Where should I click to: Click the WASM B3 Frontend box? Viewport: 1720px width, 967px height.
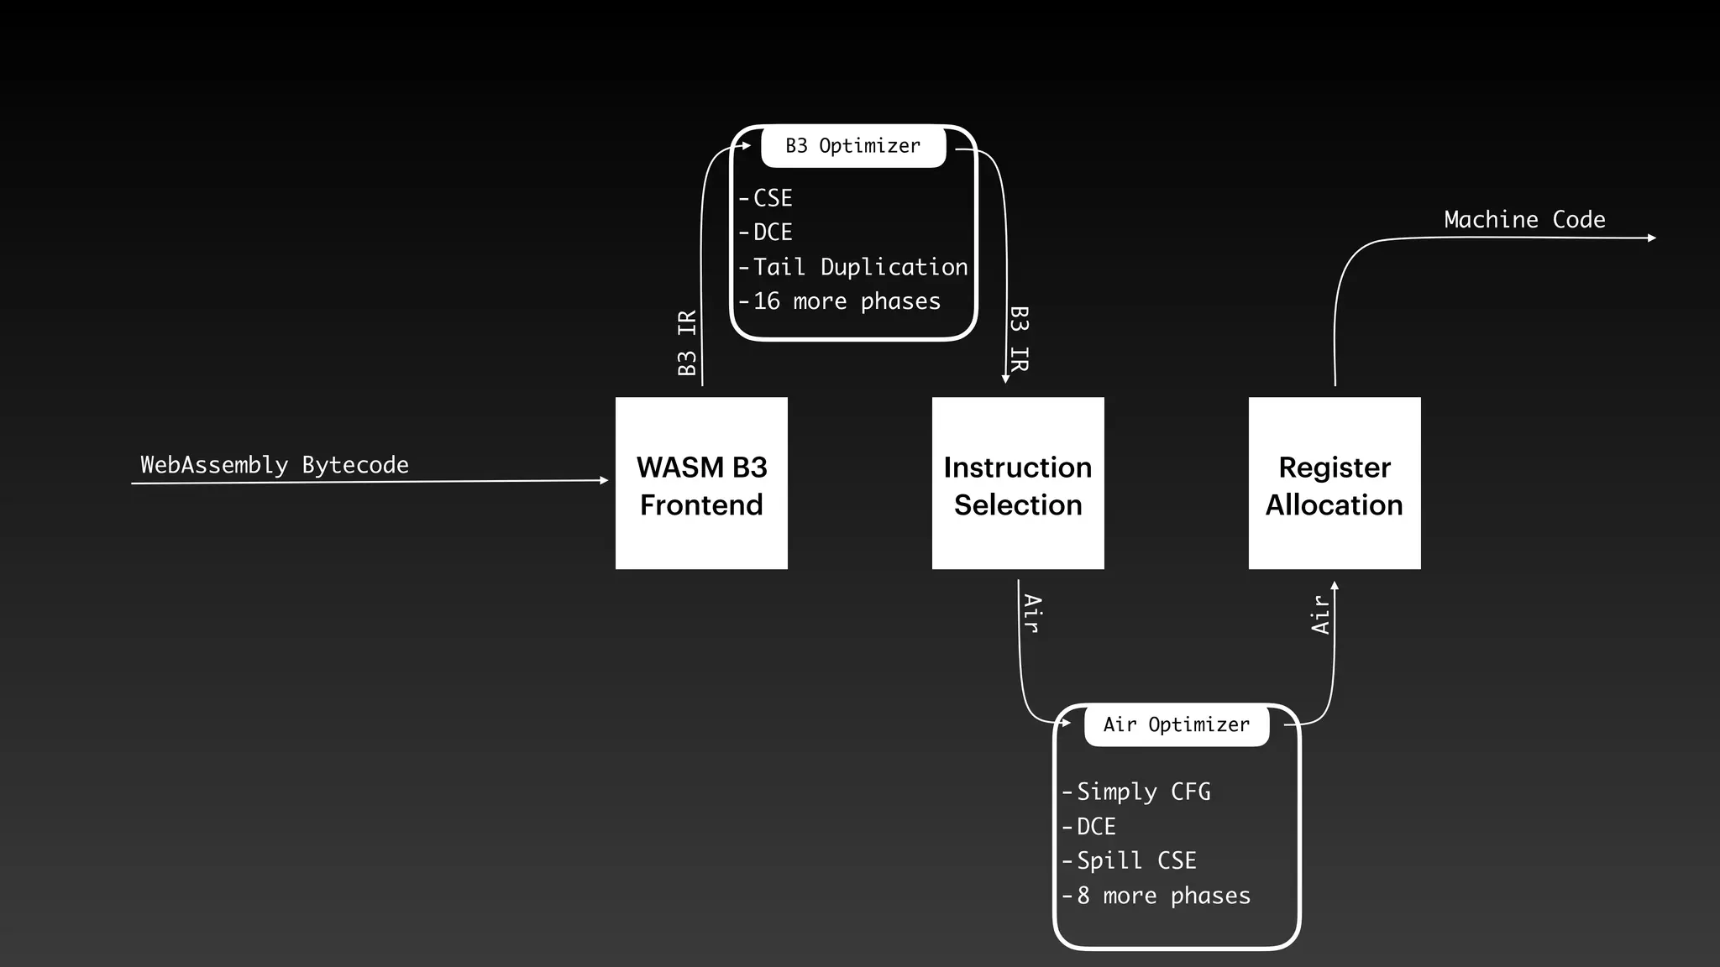701,483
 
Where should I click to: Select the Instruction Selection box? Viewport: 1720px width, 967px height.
1018,483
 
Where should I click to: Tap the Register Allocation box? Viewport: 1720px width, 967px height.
1335,483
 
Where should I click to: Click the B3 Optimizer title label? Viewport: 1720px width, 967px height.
853,146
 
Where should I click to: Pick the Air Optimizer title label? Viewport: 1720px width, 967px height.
1176,724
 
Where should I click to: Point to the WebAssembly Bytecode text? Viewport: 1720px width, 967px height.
275,464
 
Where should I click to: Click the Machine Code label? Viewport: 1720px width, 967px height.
1524,219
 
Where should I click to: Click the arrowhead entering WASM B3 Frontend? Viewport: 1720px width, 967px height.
604,480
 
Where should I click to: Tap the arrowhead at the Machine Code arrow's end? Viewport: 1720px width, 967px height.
1652,238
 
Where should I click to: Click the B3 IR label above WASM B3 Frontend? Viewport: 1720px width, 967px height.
687,342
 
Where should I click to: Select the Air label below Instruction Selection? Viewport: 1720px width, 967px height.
1033,614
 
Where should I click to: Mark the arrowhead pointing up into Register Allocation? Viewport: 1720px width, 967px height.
1335,586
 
